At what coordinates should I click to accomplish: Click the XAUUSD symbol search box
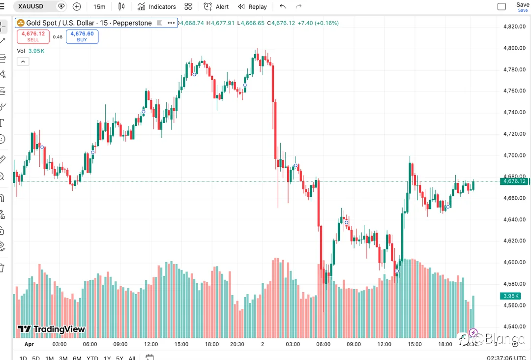point(34,6)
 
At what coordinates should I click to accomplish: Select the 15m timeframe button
point(99,6)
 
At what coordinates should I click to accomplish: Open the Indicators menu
point(157,6)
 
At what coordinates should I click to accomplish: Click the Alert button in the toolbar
point(216,6)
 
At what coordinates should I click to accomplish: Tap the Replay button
point(252,6)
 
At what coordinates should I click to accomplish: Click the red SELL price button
point(33,36)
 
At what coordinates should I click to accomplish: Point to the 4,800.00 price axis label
point(515,48)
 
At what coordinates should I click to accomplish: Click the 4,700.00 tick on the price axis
point(515,155)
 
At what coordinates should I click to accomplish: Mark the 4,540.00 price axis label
point(515,327)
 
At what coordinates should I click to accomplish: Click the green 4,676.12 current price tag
point(514,181)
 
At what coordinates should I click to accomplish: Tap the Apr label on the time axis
point(29,344)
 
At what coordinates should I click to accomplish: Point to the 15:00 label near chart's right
point(414,344)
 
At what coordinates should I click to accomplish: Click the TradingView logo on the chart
point(52,329)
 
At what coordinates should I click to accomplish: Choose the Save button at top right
point(523,6)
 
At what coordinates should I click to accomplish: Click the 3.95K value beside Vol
point(36,51)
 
